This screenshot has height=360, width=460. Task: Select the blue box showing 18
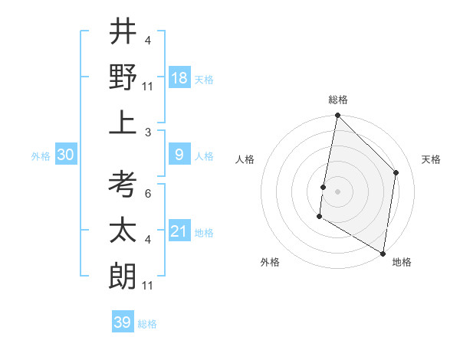pyautogui.click(x=179, y=77)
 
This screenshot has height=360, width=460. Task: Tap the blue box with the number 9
pyautogui.click(x=179, y=155)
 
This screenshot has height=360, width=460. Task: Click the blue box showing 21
pyautogui.click(x=179, y=231)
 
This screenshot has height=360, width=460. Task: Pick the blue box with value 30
pyautogui.click(x=66, y=155)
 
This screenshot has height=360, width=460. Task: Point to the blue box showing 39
pyautogui.click(x=123, y=322)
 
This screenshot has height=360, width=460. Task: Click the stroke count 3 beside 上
pyautogui.click(x=147, y=133)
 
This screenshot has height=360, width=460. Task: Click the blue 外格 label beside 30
pyautogui.click(x=41, y=156)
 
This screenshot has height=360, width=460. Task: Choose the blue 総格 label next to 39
pyautogui.click(x=147, y=324)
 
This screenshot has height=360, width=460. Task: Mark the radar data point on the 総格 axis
pyautogui.click(x=337, y=116)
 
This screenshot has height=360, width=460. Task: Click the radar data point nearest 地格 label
pyautogui.click(x=383, y=252)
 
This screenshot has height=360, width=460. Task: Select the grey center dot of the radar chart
pyautogui.click(x=337, y=191)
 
